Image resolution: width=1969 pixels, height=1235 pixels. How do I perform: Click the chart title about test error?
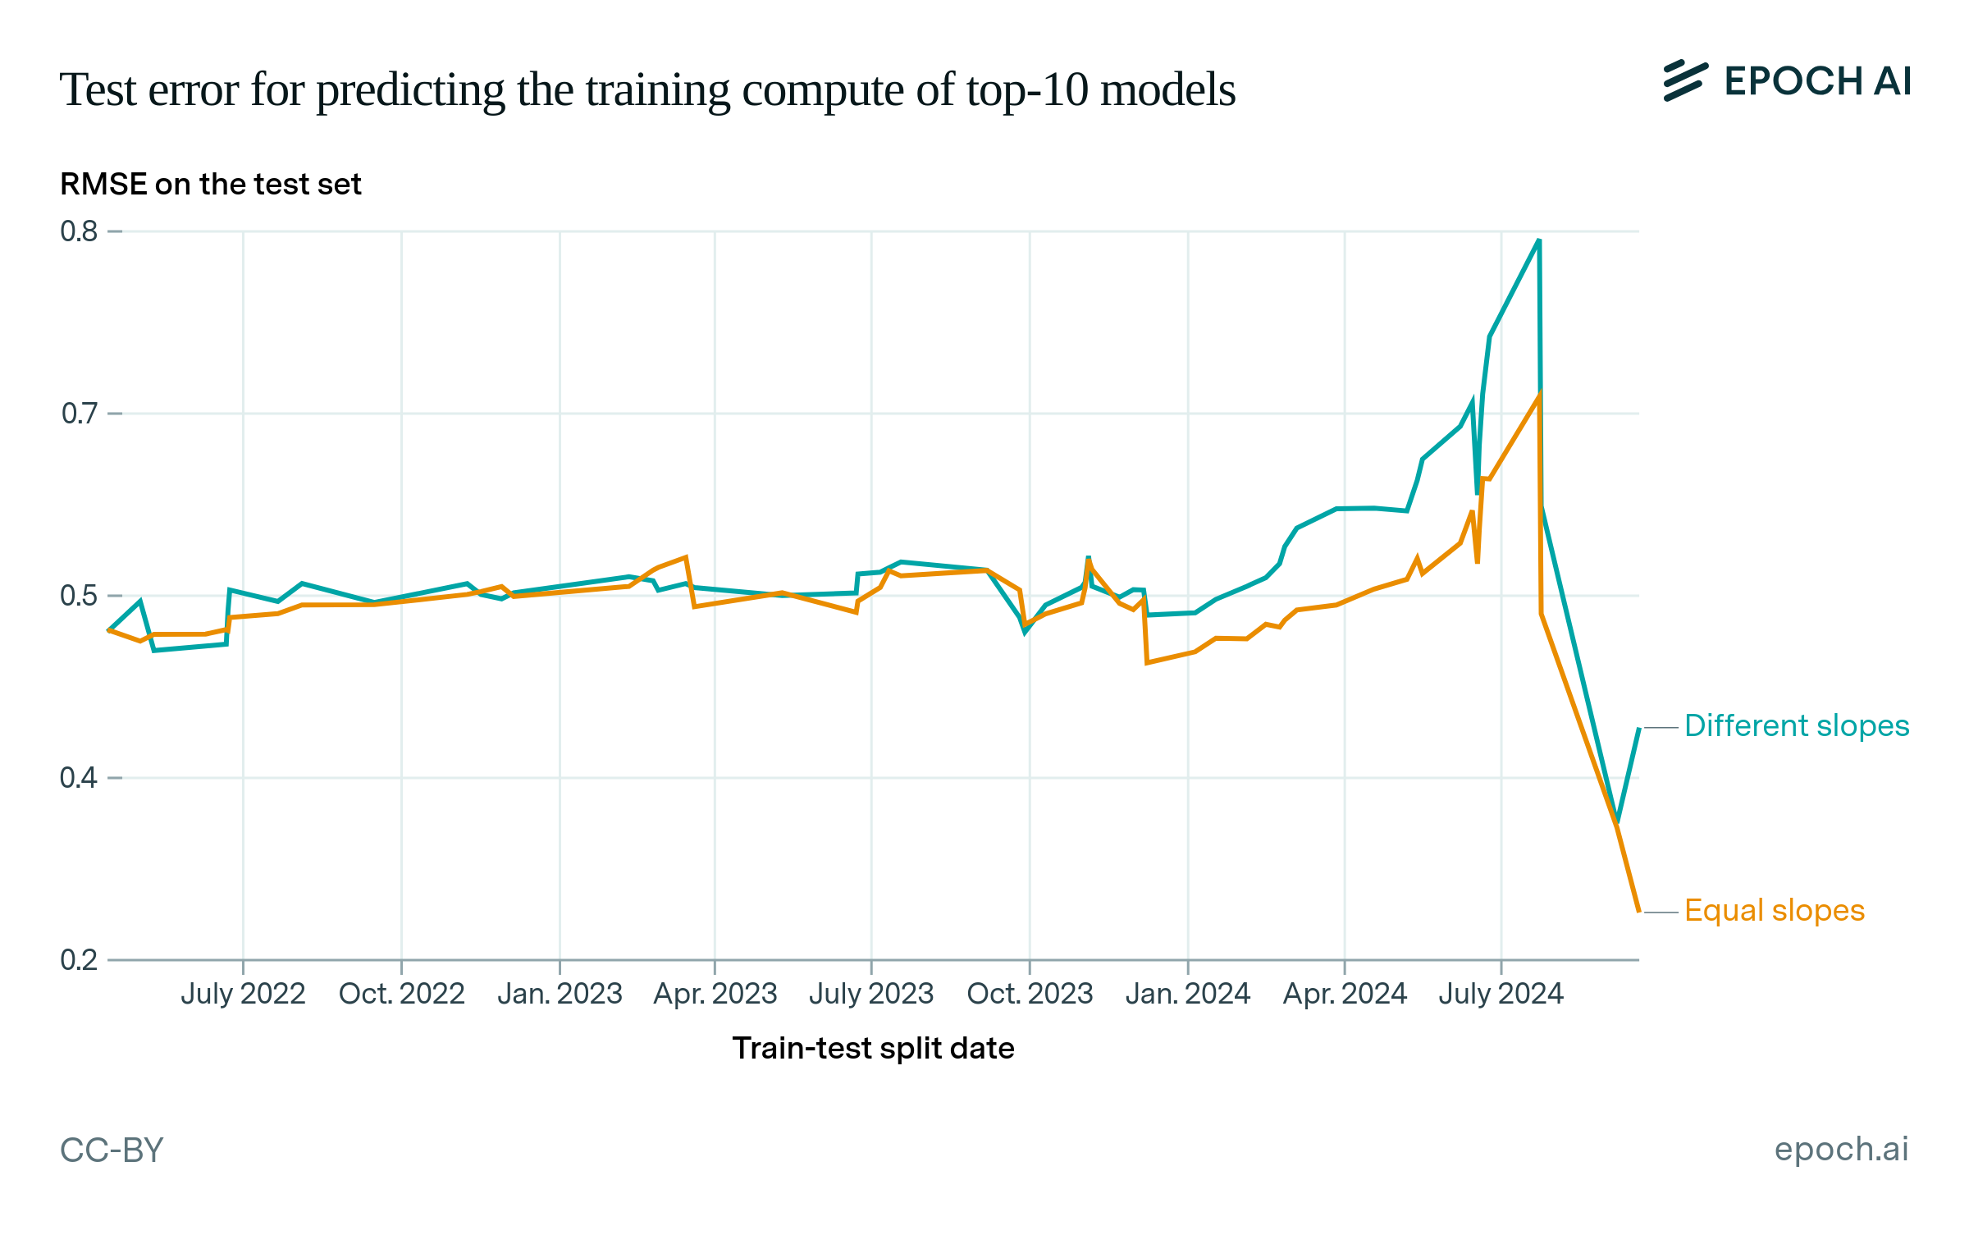coord(646,89)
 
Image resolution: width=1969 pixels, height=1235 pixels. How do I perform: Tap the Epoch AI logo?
coord(1787,81)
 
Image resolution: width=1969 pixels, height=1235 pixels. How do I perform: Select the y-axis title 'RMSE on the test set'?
coord(210,185)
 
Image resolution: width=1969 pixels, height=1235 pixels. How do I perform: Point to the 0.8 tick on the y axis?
coord(79,231)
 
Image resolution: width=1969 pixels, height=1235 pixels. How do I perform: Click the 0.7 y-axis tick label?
coord(79,414)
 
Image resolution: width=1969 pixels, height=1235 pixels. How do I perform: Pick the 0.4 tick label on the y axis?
coord(79,777)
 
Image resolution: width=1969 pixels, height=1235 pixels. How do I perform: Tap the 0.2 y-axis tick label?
coord(79,959)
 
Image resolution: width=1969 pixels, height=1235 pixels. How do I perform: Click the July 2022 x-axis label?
coord(243,994)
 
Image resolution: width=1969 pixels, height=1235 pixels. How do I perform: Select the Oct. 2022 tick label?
coord(401,994)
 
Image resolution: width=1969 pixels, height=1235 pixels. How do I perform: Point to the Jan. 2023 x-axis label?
coord(560,994)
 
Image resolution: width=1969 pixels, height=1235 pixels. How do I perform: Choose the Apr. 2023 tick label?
coord(715,994)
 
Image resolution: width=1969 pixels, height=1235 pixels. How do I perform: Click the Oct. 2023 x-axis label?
coord(1030,994)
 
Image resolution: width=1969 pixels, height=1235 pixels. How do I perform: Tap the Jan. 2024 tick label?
coord(1187,994)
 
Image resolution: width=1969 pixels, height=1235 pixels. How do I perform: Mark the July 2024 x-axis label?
coord(1501,994)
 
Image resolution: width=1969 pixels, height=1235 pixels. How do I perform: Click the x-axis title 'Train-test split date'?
coord(873,1049)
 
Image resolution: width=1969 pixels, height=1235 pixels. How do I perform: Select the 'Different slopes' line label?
coord(1796,726)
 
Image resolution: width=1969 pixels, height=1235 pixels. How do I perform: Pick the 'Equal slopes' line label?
coord(1774,911)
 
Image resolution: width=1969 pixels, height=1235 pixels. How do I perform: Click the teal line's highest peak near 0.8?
coord(1538,240)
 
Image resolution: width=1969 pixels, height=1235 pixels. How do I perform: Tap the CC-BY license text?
coord(112,1150)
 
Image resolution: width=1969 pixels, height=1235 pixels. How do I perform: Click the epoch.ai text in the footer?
coord(1841,1149)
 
